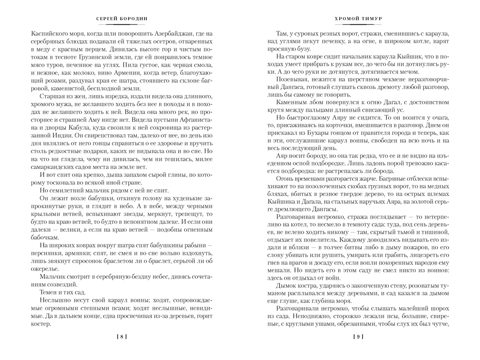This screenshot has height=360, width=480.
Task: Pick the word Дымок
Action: tap(287, 288)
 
